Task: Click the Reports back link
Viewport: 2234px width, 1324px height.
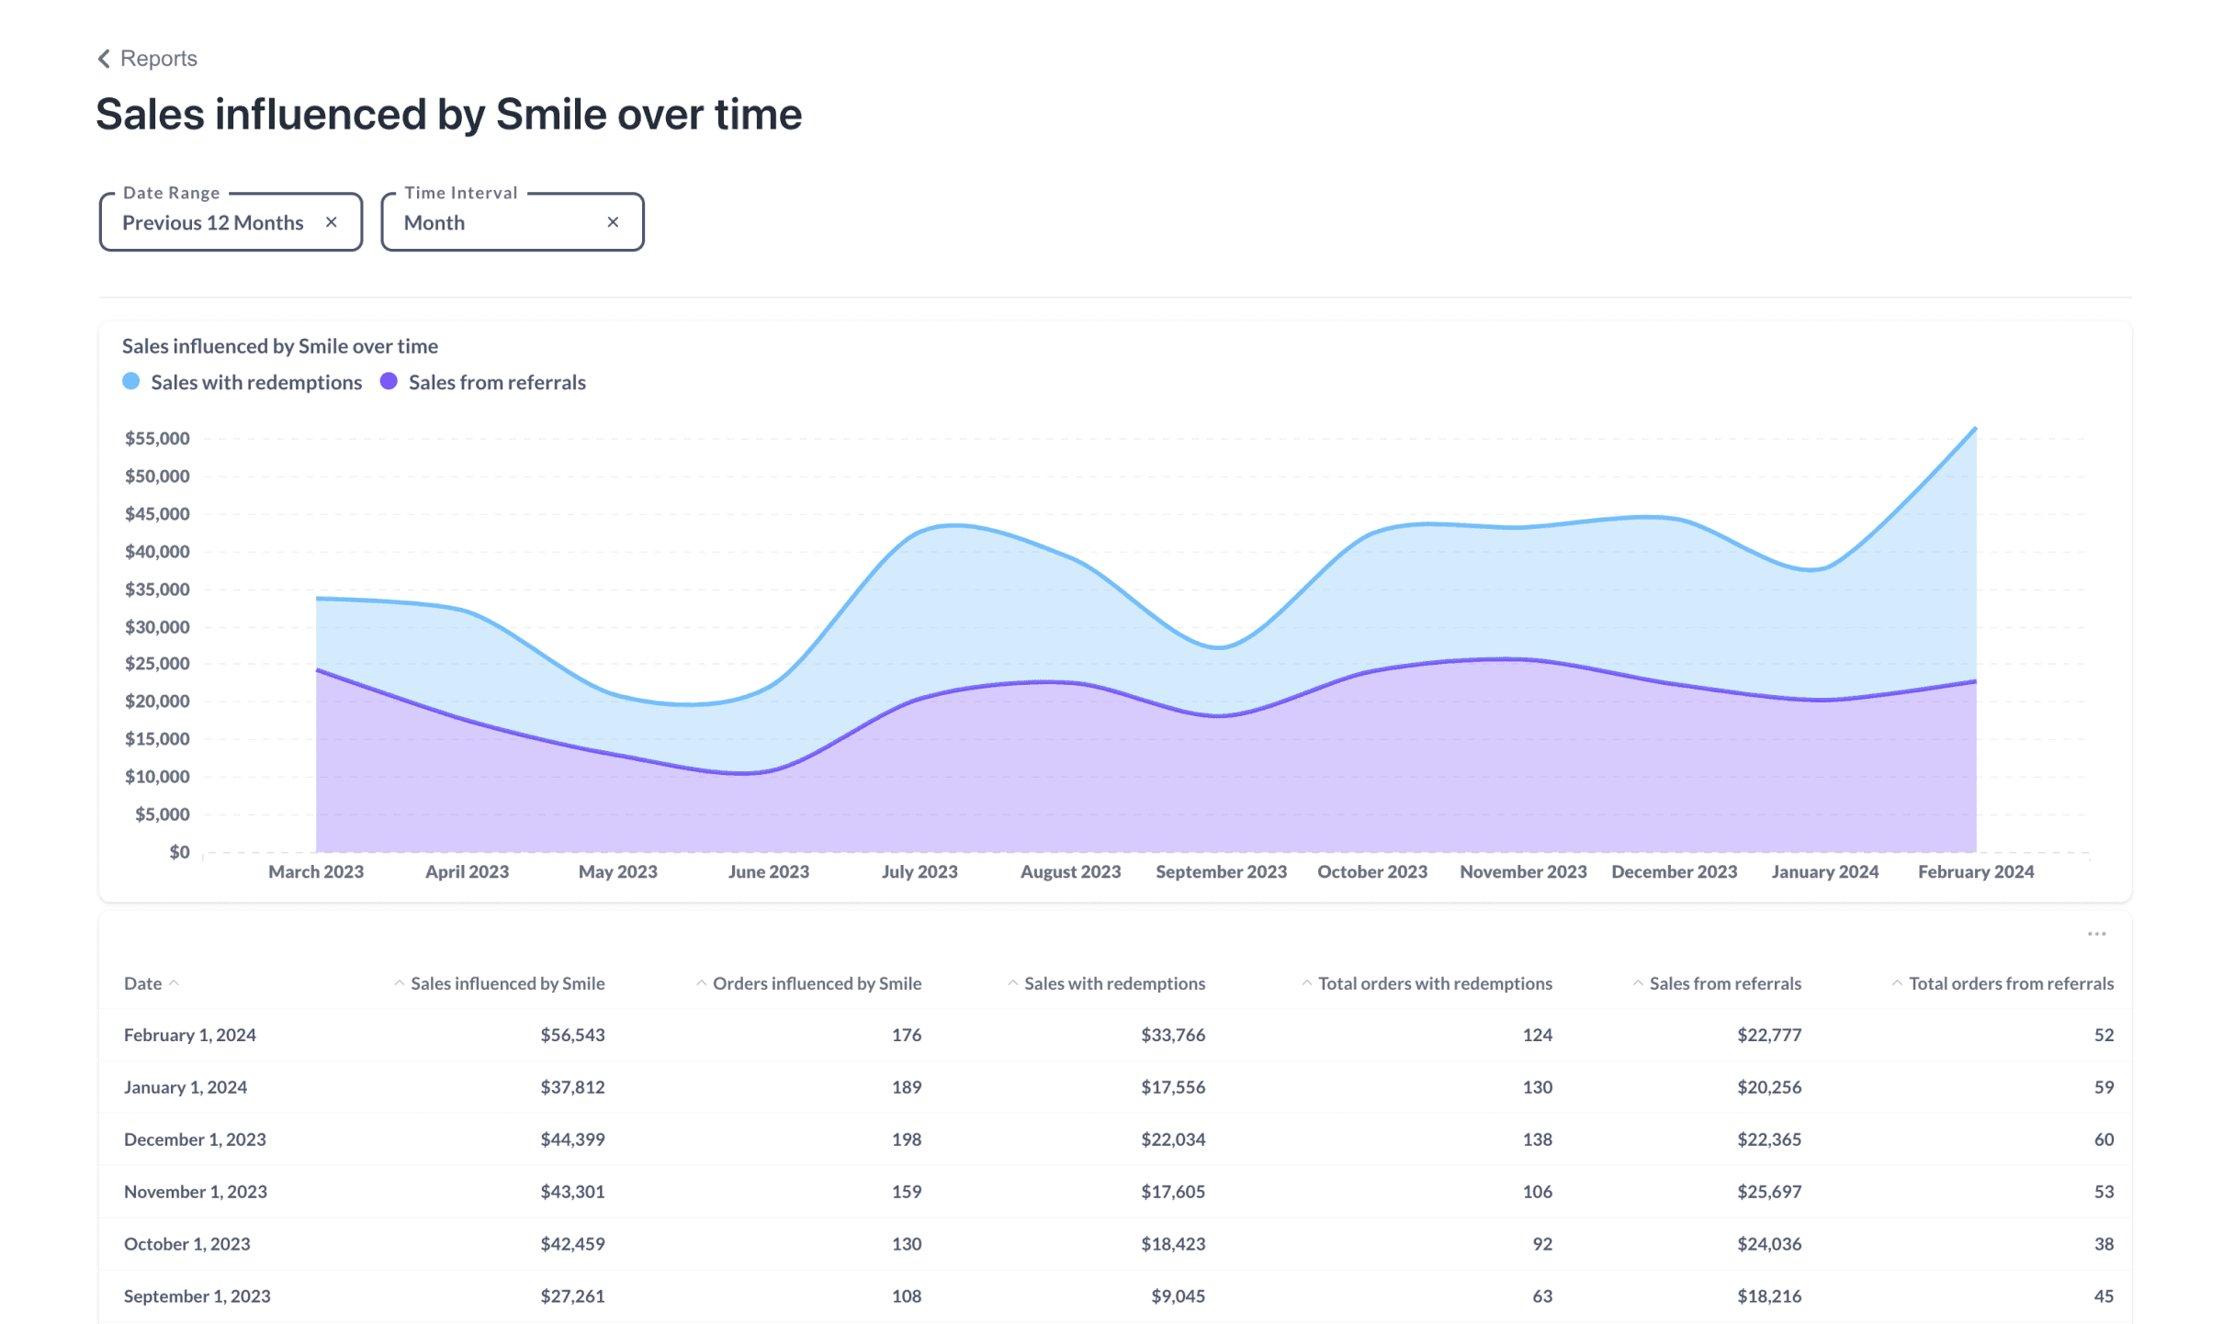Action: tap(148, 59)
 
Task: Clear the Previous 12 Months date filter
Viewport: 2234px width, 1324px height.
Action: tap(332, 222)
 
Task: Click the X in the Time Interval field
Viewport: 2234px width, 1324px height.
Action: tap(613, 222)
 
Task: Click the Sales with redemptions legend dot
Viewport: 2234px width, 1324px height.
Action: tap(131, 382)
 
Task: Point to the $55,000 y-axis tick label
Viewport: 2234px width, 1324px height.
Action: tap(157, 438)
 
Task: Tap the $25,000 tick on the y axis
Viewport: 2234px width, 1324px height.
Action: tap(157, 663)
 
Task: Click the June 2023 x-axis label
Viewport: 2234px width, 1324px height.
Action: tap(768, 871)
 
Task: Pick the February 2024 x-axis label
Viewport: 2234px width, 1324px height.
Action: tap(1975, 871)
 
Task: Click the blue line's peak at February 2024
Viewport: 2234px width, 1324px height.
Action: tap(1975, 429)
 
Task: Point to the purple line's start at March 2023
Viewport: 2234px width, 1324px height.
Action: tap(317, 670)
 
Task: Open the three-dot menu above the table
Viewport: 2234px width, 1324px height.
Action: tap(2096, 934)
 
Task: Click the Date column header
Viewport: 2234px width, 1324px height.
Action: tap(143, 983)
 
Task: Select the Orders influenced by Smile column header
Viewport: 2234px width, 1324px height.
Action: tap(816, 983)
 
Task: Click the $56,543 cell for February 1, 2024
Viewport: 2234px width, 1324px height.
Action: tap(572, 1035)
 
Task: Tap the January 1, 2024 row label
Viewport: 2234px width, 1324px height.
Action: tap(186, 1087)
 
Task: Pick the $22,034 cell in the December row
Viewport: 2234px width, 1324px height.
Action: tap(1173, 1139)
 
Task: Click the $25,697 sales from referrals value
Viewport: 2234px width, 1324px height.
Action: tap(1768, 1192)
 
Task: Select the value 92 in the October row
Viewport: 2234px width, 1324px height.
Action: tap(1542, 1244)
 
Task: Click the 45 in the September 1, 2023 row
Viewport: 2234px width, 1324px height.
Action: tap(2104, 1296)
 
